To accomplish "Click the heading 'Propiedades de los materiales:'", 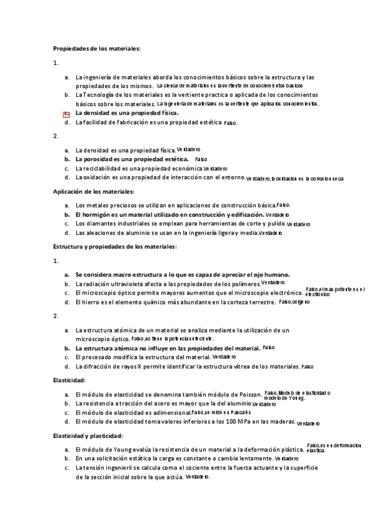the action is tap(97, 48).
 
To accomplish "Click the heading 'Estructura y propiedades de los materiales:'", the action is tap(115, 247).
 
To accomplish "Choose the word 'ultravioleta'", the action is tap(122, 283).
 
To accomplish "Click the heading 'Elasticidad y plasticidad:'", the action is tap(88, 436).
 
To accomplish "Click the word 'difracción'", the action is tap(98, 367).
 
